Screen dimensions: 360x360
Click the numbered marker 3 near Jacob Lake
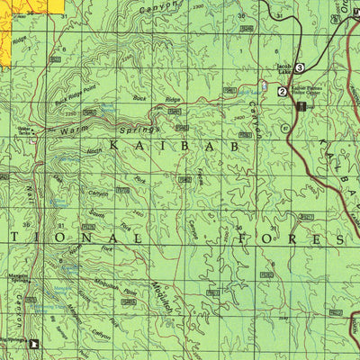pos(300,67)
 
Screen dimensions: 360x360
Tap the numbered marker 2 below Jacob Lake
pos(283,91)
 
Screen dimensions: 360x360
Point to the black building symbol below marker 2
pos(301,106)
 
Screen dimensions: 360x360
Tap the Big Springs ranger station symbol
pos(36,343)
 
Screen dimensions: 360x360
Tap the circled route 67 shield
pos(287,128)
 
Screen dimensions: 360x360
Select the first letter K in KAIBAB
pos(115,144)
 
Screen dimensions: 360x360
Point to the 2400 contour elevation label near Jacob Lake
pos(238,117)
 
